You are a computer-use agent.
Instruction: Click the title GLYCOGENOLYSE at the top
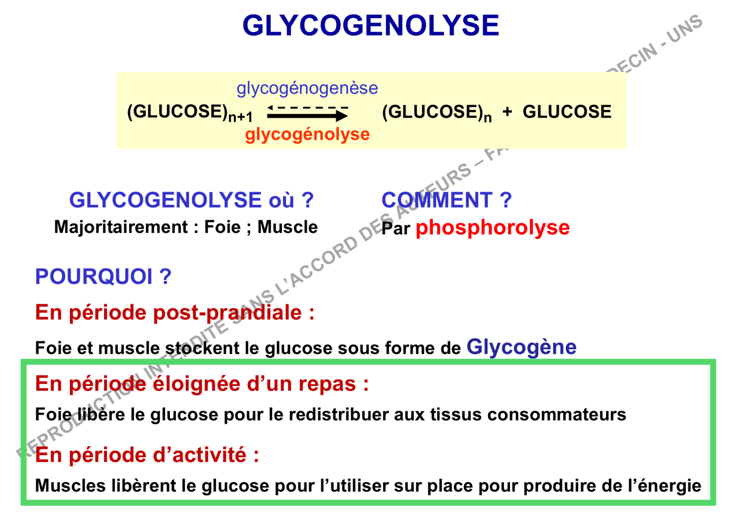[370, 25]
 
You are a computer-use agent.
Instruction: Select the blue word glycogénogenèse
[307, 88]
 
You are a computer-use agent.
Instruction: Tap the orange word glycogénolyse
[308, 135]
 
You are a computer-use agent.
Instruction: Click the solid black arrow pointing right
[308, 116]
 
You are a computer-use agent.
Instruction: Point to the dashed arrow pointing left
[308, 108]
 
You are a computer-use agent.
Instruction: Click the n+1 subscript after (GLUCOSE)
[240, 117]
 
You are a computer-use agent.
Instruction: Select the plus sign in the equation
[507, 111]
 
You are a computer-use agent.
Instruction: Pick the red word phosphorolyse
[493, 228]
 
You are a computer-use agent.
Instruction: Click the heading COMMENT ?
[446, 200]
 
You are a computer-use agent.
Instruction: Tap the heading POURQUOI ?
[103, 277]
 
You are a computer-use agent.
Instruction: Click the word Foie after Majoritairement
[222, 227]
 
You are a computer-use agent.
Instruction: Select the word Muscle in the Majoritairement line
[288, 227]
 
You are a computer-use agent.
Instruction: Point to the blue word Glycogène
[521, 347]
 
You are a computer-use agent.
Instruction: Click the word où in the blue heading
[281, 200]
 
